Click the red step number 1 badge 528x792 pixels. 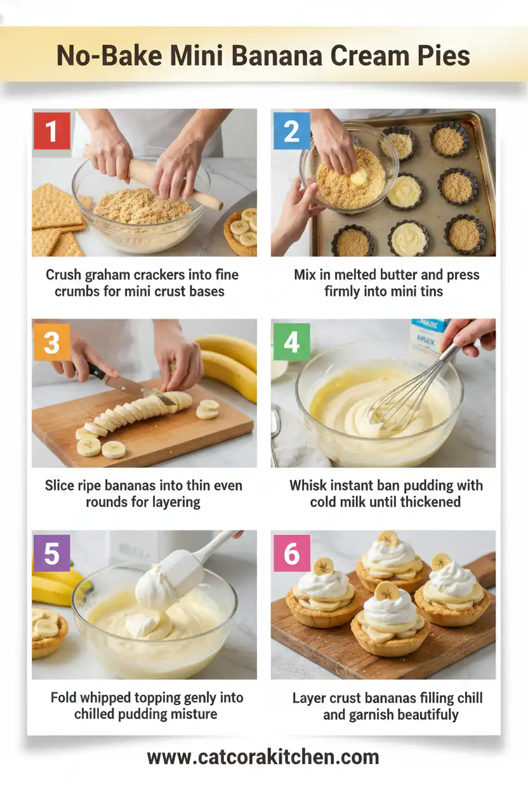51,131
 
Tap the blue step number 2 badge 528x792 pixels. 291,131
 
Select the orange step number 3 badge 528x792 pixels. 51,342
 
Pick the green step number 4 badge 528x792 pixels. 291,342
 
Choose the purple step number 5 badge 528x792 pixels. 51,553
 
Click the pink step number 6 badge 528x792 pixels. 291,553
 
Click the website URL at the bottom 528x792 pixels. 263,757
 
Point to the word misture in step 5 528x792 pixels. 192,714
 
